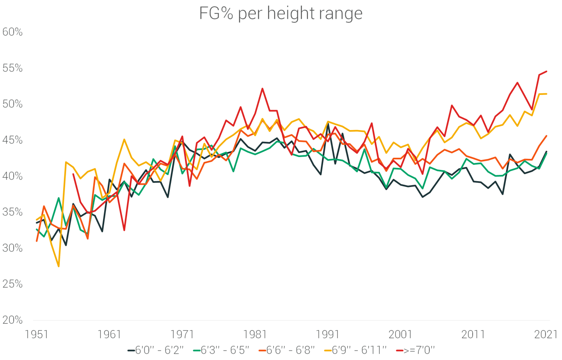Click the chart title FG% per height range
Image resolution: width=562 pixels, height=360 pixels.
click(281, 13)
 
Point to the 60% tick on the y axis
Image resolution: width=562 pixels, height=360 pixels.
click(12, 32)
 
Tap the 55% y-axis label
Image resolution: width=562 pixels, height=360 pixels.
click(12, 68)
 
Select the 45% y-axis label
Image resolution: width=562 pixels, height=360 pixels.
click(12, 140)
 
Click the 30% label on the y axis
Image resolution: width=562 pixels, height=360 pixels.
click(12, 248)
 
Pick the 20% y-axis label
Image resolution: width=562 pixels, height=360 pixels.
click(12, 320)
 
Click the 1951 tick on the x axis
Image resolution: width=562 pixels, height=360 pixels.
click(36, 334)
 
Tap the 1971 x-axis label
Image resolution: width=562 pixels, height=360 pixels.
click(182, 334)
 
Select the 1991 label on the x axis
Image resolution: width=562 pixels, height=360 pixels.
click(327, 334)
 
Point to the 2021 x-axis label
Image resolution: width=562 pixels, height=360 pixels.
click(546, 334)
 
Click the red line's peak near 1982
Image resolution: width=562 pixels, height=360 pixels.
click(262, 89)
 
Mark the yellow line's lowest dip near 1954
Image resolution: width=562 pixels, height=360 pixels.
click(59, 266)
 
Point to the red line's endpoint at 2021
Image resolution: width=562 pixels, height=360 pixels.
click(546, 71)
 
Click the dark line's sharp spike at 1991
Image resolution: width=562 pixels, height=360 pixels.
click(328, 124)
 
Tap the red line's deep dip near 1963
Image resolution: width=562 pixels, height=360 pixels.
click(124, 230)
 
